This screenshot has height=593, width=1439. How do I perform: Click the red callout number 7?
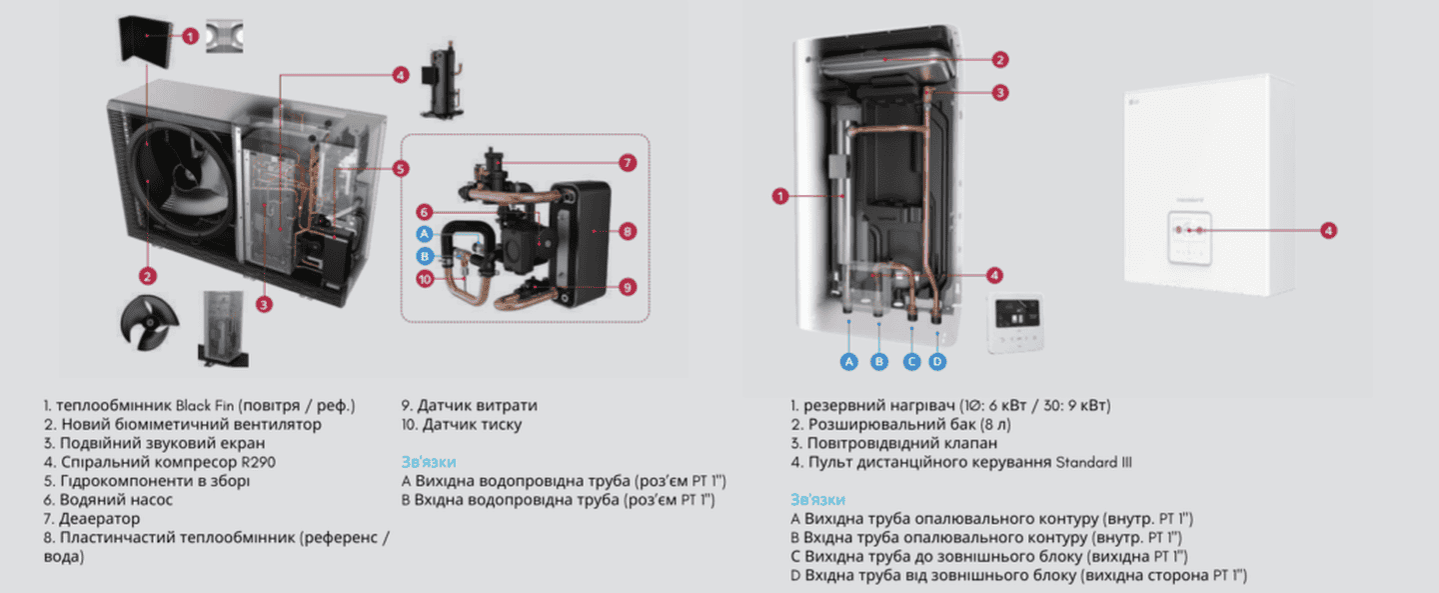tap(628, 163)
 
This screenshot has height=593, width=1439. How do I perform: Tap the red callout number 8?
tap(628, 231)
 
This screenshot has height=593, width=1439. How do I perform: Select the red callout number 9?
tap(628, 287)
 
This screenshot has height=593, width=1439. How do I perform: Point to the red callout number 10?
tap(425, 279)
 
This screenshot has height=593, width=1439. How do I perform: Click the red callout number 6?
tap(424, 212)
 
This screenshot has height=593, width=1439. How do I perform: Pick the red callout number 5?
tap(400, 169)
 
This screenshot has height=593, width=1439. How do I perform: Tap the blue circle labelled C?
tap(911, 361)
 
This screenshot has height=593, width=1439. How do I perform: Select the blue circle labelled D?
tap(937, 361)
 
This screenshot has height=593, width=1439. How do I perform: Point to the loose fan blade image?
tap(148, 323)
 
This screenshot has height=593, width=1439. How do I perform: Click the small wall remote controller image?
tap(1014, 324)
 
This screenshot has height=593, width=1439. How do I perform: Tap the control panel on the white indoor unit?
tap(1189, 237)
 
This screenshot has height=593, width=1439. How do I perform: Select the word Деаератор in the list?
tap(99, 518)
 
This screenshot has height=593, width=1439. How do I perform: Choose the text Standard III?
tap(1093, 462)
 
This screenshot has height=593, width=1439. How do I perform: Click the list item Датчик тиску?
tap(462, 424)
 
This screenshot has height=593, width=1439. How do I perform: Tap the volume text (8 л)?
tap(995, 424)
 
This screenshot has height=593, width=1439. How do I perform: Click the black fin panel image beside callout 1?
tap(146, 41)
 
